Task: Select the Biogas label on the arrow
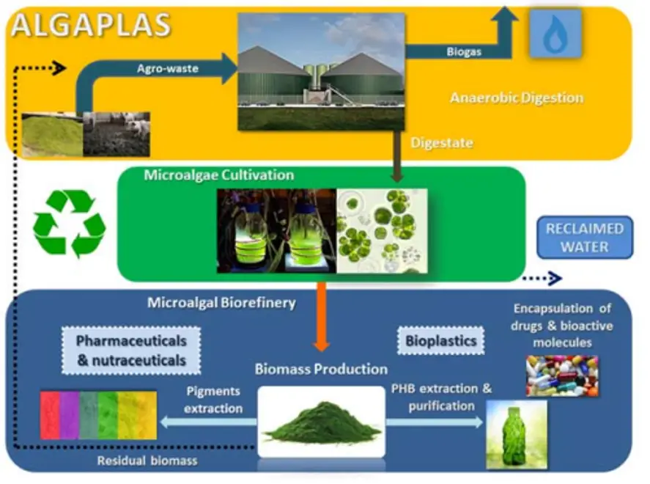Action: (464, 51)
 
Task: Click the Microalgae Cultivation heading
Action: (219, 175)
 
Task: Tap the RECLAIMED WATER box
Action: (584, 238)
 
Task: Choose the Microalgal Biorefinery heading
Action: (221, 302)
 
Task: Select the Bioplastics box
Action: (440, 340)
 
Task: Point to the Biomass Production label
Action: (321, 369)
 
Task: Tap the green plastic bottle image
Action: (516, 433)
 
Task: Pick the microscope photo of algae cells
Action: (381, 230)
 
